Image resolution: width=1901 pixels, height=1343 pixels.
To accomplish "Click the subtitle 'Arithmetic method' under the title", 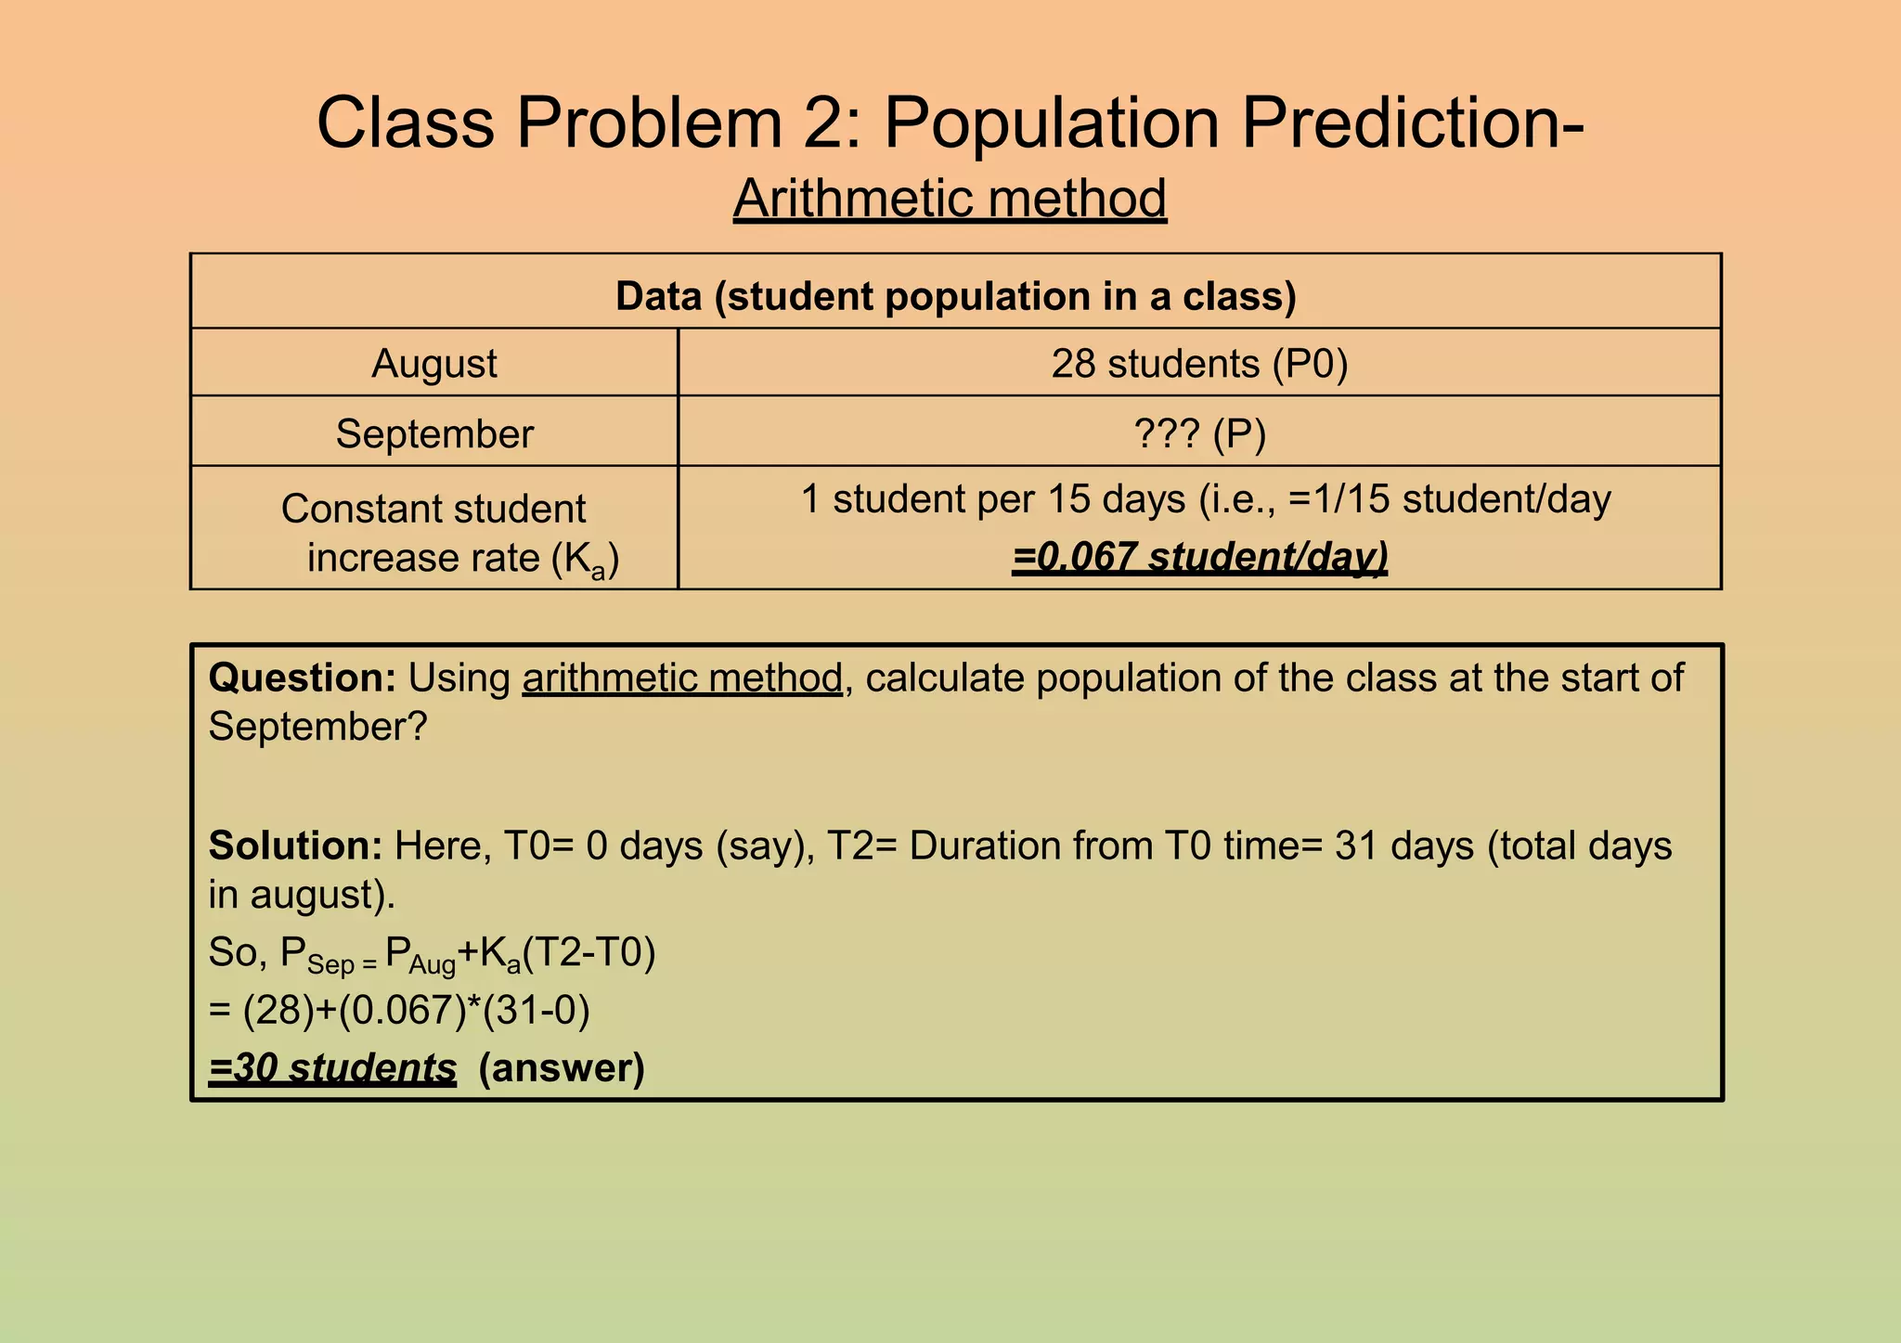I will tap(950, 198).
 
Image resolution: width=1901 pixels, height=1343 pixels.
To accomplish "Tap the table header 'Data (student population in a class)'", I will tap(955, 296).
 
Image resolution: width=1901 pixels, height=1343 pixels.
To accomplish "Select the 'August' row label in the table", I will tap(433, 363).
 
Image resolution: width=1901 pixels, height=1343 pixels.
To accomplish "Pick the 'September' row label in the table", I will tap(433, 433).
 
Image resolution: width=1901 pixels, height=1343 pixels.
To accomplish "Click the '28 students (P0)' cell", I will tap(1199, 363).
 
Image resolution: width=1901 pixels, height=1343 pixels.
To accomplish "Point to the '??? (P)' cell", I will tap(1199, 433).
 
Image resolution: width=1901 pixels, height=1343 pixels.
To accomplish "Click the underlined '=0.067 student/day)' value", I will tap(1199, 557).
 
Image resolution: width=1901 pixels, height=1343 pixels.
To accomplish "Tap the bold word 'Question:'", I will tap(302, 678).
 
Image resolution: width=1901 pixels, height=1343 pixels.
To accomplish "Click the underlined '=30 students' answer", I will tap(332, 1068).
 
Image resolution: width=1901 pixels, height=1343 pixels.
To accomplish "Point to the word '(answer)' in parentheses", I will tap(561, 1068).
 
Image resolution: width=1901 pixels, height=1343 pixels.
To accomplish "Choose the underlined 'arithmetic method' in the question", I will tap(682, 678).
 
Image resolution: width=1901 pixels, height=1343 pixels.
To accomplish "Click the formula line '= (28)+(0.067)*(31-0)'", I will tap(399, 1010).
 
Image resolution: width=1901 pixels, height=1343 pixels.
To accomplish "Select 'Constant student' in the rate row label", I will tap(433, 509).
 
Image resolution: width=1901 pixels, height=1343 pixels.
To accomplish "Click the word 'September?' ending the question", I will tap(317, 727).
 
